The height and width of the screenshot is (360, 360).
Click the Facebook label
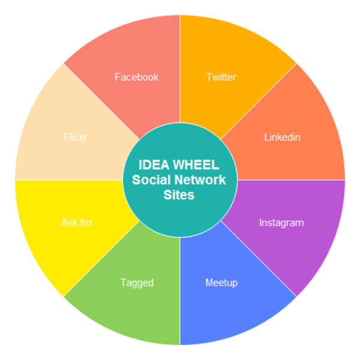[x=136, y=77]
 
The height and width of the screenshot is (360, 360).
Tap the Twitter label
[x=221, y=77]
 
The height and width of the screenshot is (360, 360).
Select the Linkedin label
[x=282, y=137]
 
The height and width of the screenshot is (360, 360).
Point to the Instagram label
[x=281, y=223]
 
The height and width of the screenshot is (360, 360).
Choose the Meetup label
[x=221, y=283]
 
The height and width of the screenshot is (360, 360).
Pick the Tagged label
[x=137, y=283]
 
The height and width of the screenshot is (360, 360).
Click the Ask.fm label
[x=76, y=223]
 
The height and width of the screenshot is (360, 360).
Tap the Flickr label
[x=76, y=137]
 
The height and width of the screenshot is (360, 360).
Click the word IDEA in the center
[x=154, y=164]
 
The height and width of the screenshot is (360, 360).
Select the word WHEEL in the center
[x=196, y=164]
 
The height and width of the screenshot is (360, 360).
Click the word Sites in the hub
[x=179, y=195]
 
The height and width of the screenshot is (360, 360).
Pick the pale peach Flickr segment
[x=54, y=120]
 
